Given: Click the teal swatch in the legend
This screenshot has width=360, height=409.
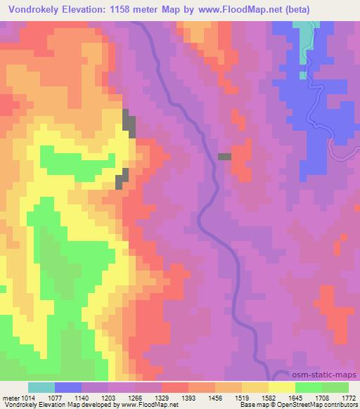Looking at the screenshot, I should coord(41,387).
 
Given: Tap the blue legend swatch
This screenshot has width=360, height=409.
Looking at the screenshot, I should coord(67,387).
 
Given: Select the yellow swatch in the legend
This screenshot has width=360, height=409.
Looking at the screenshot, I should coord(281,387).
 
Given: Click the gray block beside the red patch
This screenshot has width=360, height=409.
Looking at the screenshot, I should coord(225,157).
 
